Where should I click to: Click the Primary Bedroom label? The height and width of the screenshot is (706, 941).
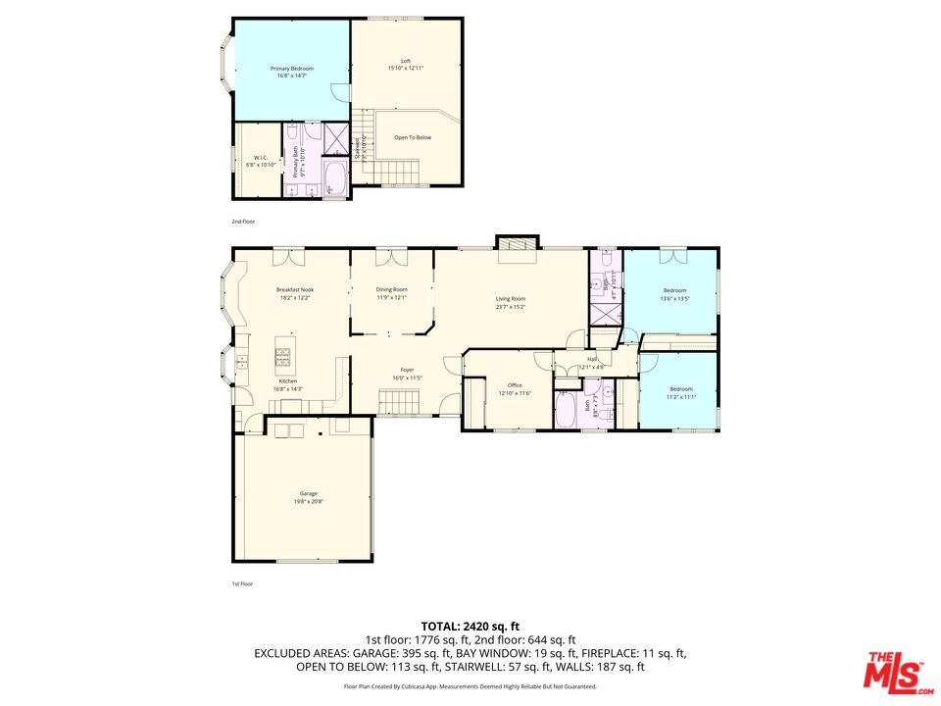click(x=291, y=69)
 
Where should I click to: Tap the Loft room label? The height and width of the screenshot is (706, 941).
click(x=406, y=62)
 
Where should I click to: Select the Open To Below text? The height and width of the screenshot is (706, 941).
click(x=413, y=137)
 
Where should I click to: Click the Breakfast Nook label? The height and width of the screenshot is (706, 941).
click(x=294, y=290)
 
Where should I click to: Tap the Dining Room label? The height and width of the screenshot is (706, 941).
click(x=391, y=290)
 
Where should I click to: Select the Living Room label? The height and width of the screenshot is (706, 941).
click(x=511, y=299)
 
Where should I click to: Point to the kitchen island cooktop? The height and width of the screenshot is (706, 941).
click(x=285, y=355)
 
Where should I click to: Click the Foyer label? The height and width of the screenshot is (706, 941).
click(x=407, y=371)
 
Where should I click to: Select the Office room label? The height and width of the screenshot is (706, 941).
click(x=514, y=386)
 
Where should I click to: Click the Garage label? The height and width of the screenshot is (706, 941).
click(x=308, y=494)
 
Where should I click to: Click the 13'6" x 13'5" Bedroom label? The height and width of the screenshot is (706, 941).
click(x=674, y=291)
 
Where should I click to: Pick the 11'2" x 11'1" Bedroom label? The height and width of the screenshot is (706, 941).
click(x=680, y=389)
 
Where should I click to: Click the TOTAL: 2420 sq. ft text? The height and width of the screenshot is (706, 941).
click(x=470, y=626)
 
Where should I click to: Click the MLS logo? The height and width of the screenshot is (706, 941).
click(x=893, y=670)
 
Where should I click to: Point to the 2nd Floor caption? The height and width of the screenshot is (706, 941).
click(x=242, y=222)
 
